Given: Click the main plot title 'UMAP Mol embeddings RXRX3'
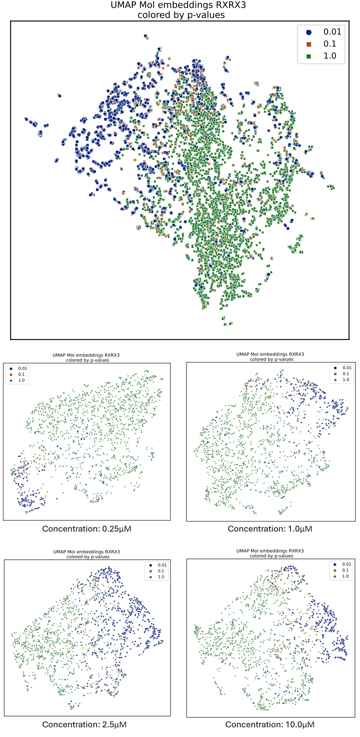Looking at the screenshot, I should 178,5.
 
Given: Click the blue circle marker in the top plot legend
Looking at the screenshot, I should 309,32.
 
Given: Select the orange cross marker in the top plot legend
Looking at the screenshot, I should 309,44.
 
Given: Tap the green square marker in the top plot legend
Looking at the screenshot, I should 309,56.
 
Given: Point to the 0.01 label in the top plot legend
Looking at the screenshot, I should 332,32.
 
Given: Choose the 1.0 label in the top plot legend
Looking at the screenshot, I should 330,56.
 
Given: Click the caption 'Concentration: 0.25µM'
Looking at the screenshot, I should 87,528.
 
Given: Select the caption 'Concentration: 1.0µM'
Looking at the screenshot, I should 270,528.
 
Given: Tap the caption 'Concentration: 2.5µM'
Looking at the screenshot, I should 84,724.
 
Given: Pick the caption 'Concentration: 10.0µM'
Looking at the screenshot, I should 270,724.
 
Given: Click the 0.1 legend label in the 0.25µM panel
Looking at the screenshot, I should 22,374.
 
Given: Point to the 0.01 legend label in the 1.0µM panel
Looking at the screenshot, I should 347,368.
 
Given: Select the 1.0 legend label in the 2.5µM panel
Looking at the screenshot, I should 161,577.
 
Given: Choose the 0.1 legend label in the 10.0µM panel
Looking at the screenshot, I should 345,570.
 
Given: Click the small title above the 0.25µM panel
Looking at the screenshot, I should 86,355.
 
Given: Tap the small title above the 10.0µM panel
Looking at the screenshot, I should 270,551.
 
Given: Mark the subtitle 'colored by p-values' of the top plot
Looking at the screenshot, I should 181,15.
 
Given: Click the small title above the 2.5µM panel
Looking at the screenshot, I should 87,552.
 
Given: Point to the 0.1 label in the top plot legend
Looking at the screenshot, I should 330,44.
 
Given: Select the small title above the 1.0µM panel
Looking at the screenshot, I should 270,354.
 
